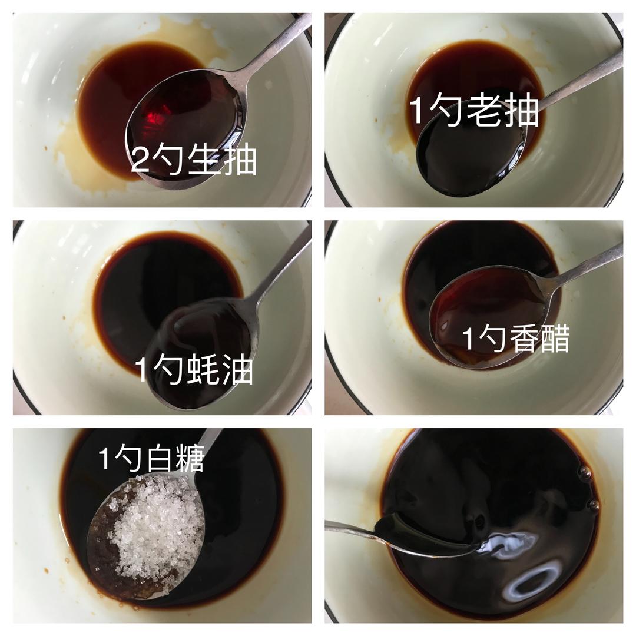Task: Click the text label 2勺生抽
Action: point(194,160)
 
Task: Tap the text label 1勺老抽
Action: point(473,110)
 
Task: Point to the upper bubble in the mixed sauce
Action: point(585,473)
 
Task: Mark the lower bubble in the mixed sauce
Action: point(595,505)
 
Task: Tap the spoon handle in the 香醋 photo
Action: point(584,264)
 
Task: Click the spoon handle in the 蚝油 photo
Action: point(280,268)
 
